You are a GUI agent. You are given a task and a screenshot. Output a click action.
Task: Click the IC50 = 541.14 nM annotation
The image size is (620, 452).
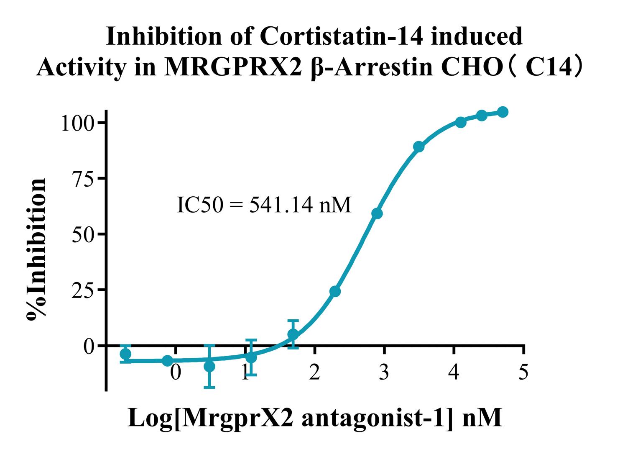point(264,205)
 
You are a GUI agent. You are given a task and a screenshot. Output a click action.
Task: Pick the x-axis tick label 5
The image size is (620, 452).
point(523,372)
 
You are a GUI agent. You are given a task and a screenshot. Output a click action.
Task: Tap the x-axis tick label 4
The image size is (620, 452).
point(454,372)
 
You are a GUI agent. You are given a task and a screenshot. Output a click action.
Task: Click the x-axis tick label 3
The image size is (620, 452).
point(384,372)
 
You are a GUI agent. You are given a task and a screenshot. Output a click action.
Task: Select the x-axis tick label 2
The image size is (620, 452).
point(314,372)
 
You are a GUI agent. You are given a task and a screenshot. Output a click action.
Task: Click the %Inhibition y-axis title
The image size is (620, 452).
point(36,249)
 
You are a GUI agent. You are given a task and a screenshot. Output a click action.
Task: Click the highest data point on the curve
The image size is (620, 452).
point(503,112)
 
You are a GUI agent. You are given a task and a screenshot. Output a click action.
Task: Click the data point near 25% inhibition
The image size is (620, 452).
point(335,291)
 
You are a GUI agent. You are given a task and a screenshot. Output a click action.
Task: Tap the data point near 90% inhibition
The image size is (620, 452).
point(419,146)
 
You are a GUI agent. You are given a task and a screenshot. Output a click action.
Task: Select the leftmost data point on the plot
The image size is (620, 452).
point(126,354)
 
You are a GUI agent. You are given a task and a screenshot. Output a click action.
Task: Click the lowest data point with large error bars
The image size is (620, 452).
point(209,367)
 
